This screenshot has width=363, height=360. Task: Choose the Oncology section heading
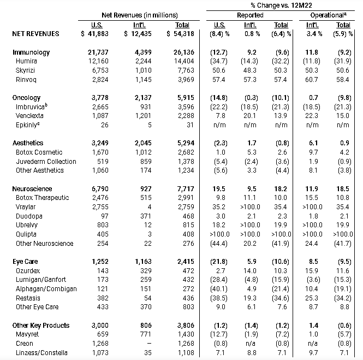point(26,97)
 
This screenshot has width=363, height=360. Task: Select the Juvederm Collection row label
point(46,161)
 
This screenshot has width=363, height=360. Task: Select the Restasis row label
point(28,298)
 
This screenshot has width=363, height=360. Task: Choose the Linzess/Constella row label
point(42,353)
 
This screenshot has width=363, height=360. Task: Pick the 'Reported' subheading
point(250,15)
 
